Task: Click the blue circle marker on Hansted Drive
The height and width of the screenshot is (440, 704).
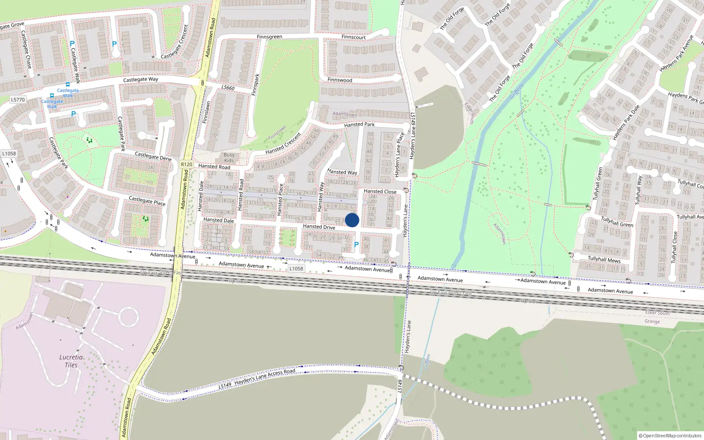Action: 352,220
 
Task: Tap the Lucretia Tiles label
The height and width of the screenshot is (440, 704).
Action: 71,361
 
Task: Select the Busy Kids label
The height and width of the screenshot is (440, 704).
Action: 229,158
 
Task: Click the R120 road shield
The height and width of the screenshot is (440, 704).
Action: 187,164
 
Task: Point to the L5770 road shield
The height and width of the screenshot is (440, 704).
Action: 18,100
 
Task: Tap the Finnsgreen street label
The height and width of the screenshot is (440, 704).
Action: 269,37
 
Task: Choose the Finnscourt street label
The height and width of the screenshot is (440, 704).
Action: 353,37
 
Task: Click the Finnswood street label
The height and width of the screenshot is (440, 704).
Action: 340,80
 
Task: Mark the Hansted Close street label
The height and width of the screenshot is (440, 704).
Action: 380,191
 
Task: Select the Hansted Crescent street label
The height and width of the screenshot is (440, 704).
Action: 283,143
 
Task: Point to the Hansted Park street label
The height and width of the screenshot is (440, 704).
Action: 359,125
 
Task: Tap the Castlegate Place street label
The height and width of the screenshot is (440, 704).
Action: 147,201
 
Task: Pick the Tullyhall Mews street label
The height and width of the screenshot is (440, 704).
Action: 604,260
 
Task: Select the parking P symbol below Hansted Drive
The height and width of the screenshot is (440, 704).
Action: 356,245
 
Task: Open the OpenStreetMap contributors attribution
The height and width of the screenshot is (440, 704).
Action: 670,436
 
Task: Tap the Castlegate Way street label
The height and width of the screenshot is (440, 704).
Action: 140,80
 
